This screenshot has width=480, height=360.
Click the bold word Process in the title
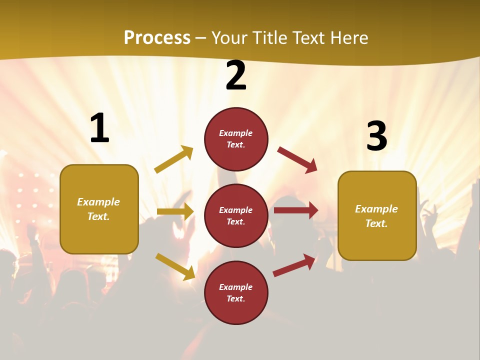[x=157, y=38]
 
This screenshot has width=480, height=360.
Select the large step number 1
[x=99, y=128]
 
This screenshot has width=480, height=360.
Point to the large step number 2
[x=236, y=75]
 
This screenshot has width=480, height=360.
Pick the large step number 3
[x=376, y=136]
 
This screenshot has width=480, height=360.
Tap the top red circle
[x=236, y=139]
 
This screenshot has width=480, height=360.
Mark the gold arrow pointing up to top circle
[x=173, y=159]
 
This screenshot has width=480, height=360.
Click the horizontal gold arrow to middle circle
[x=175, y=211]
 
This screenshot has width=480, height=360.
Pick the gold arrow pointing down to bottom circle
[x=175, y=266]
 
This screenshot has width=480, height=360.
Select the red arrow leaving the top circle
[x=297, y=159]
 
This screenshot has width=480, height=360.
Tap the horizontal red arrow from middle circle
[x=296, y=210]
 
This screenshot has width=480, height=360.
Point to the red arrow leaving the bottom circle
[x=294, y=264]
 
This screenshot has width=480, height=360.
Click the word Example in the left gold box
[x=98, y=202]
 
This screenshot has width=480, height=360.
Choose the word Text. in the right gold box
[x=376, y=223]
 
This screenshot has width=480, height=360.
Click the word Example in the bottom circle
[x=236, y=287]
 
